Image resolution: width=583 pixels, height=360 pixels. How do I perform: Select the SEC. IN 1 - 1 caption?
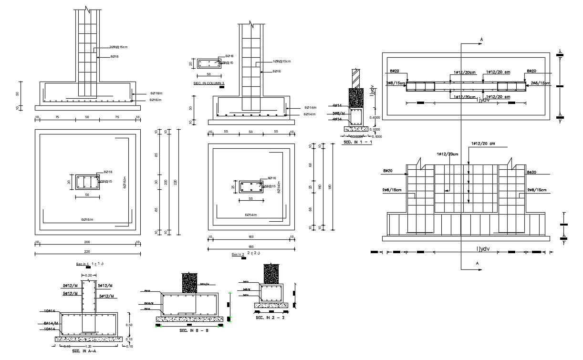point(357,143)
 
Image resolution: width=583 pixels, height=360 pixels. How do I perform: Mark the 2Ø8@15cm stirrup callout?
point(118,47)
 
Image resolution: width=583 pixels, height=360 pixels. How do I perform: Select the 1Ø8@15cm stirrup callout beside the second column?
point(281,61)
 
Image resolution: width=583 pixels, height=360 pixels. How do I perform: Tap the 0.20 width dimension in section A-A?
point(89,276)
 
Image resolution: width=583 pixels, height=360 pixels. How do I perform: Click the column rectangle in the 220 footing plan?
point(87,182)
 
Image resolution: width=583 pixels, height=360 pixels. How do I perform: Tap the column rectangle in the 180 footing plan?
point(250,186)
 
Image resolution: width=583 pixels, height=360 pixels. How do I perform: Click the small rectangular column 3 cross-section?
point(208,64)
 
